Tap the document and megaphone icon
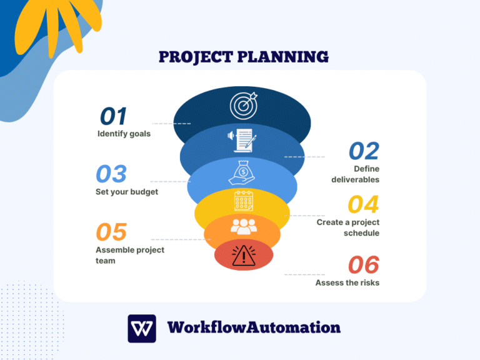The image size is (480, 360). (x=241, y=140)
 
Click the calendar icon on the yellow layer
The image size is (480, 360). (x=242, y=202)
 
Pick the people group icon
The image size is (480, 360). (x=243, y=226)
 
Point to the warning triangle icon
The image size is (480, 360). (x=242, y=256)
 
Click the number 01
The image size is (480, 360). (x=114, y=116)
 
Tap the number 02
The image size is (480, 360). (x=364, y=151)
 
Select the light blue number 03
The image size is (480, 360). (x=111, y=174)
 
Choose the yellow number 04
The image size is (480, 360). (x=363, y=205)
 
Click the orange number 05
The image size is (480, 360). (x=111, y=232)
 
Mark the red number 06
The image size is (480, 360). (x=363, y=265)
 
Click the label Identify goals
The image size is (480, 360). (x=124, y=134)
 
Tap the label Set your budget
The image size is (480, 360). (x=127, y=192)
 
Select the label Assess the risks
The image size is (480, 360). (x=347, y=282)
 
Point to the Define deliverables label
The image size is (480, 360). (x=356, y=174)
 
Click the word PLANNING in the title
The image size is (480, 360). (x=286, y=57)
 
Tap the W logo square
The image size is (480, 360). (x=142, y=328)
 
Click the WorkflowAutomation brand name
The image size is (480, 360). (x=254, y=327)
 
